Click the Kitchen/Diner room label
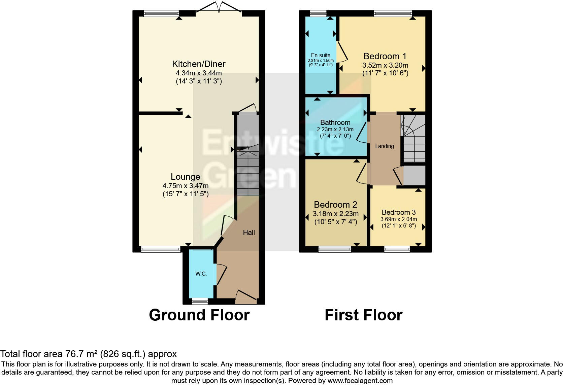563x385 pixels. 199,64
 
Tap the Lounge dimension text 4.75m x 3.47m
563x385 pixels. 185,186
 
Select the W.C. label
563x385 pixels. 201,274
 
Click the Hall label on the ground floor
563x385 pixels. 249,233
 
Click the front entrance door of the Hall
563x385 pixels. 246,296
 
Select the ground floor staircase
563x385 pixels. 248,173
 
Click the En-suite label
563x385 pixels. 321,55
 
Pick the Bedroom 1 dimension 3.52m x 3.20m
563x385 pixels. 385,65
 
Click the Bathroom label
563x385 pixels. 335,123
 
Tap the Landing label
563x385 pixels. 385,146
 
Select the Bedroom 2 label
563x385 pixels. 335,205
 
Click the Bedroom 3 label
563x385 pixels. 399,212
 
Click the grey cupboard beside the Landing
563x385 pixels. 415,175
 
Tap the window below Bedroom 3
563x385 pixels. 397,249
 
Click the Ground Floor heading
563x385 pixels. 199,315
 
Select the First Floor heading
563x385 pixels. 363,315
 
